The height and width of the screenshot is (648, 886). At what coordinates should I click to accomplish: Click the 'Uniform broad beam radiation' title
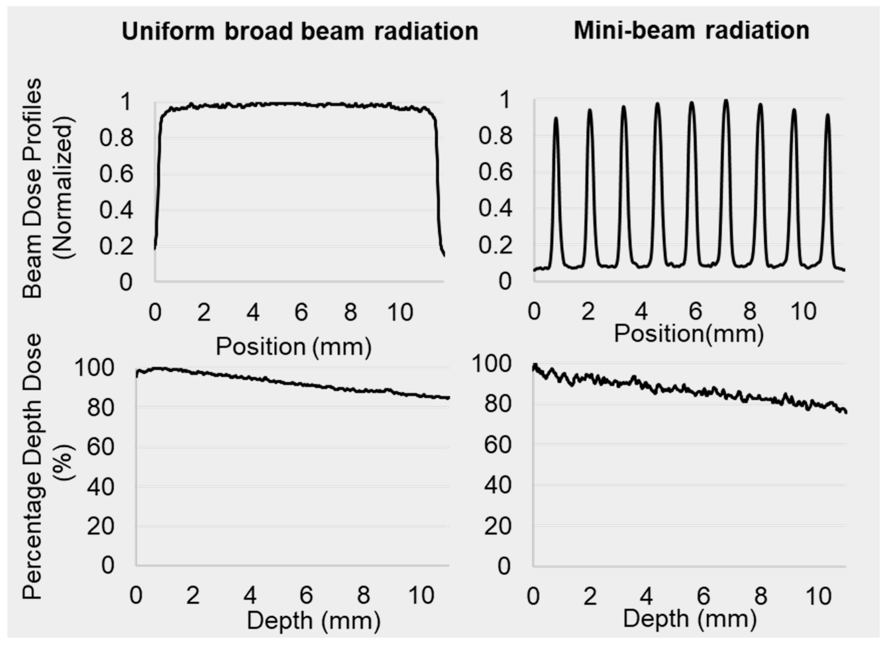[x=300, y=32]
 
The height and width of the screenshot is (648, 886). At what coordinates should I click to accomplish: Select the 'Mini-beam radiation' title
[x=691, y=31]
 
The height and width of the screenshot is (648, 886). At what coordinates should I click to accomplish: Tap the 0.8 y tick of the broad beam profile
[x=116, y=138]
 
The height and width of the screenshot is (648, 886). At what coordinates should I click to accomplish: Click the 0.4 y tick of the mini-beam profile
[x=495, y=209]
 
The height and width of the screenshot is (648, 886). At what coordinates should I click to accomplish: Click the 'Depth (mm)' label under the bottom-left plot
[x=313, y=620]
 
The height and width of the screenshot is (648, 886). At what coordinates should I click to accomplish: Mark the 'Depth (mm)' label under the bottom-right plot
[x=690, y=619]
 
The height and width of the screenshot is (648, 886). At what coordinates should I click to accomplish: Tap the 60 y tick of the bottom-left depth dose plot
[x=100, y=447]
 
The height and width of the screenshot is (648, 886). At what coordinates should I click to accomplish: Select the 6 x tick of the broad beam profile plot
[x=301, y=313]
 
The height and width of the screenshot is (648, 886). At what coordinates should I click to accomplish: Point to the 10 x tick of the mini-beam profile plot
[x=804, y=312]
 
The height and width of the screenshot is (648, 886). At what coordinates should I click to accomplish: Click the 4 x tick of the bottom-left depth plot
[x=250, y=596]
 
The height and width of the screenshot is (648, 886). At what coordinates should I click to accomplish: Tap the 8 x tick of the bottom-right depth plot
[x=761, y=596]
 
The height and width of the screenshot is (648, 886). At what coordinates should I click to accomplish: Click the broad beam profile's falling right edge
[x=438, y=177]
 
